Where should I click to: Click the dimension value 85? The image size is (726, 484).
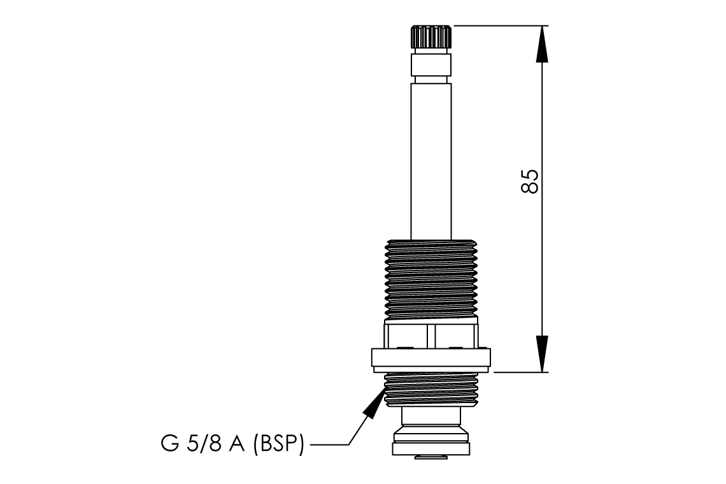530,181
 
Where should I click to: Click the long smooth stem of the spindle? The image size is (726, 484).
431,159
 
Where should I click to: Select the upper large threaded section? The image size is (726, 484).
431,277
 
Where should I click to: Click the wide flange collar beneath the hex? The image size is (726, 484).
431,358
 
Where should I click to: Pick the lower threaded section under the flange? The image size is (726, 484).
431,390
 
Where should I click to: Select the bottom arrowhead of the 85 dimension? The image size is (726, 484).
541,354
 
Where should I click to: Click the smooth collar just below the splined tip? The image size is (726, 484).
431,64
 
